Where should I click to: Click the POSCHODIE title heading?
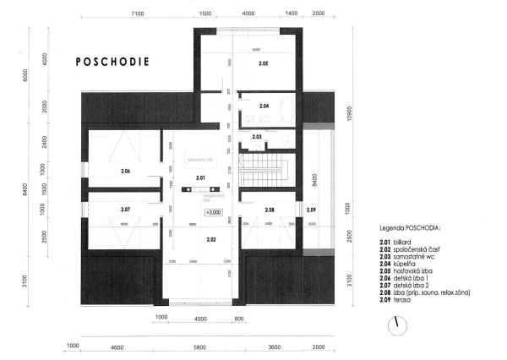click(112, 62)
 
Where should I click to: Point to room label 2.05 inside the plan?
click(263, 64)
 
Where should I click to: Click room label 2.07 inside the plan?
click(125, 209)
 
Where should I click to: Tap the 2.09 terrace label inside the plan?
click(311, 209)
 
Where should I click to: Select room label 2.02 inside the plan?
click(211, 240)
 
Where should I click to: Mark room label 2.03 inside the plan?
click(256, 136)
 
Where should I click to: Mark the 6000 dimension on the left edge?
click(7, 74)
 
